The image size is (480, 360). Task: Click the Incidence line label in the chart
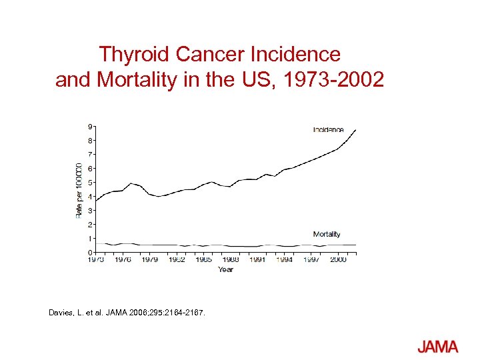(328, 129)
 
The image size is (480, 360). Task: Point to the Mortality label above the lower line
(327, 234)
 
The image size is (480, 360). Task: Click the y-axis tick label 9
(90, 126)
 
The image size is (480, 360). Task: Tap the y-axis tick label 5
(90, 182)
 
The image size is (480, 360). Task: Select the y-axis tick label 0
(90, 253)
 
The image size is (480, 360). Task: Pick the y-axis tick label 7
(90, 154)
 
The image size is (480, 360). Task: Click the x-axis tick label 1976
(123, 260)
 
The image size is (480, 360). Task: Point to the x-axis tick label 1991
(257, 260)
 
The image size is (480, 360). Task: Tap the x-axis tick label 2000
(338, 260)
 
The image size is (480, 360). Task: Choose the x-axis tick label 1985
(203, 260)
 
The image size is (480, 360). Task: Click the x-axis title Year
(225, 270)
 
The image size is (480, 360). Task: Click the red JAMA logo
(438, 347)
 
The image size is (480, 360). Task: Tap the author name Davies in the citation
(63, 312)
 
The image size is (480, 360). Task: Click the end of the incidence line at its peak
(356, 130)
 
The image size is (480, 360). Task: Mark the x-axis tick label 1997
(311, 260)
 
